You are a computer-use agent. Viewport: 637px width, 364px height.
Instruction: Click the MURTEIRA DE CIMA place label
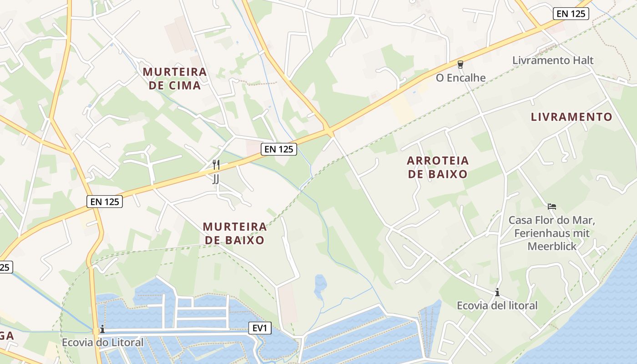click(x=175, y=78)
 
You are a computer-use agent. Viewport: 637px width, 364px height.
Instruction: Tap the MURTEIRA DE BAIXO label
click(x=234, y=233)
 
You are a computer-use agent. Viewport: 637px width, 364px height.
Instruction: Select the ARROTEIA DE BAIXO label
click(x=438, y=167)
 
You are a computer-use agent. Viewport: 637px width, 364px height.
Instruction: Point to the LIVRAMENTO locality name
click(x=571, y=117)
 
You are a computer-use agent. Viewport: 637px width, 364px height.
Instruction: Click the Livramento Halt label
click(x=553, y=60)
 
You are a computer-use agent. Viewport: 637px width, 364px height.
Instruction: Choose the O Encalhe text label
click(x=460, y=78)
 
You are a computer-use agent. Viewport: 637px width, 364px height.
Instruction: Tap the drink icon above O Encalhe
click(x=460, y=65)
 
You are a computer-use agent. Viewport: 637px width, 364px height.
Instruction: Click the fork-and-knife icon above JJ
click(x=216, y=164)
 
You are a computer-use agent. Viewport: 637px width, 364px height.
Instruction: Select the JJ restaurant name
click(x=216, y=179)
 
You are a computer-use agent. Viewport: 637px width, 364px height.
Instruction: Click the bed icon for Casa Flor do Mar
click(x=552, y=207)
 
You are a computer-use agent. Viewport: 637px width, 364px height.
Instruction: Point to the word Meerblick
click(x=552, y=246)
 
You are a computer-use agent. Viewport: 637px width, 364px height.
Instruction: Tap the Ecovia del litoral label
click(x=497, y=305)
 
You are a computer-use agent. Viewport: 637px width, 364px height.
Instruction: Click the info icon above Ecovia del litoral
click(x=497, y=292)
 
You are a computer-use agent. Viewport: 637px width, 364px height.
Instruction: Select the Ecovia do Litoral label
click(x=102, y=342)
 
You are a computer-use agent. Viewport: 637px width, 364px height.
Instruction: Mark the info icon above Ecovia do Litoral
click(x=102, y=329)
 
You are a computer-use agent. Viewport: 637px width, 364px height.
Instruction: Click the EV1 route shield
click(x=260, y=328)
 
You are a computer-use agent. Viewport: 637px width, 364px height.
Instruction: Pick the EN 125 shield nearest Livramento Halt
click(x=571, y=14)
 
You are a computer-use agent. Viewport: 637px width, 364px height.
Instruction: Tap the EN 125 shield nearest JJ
click(x=278, y=149)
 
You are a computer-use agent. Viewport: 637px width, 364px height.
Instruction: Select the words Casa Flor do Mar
click(x=551, y=220)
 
